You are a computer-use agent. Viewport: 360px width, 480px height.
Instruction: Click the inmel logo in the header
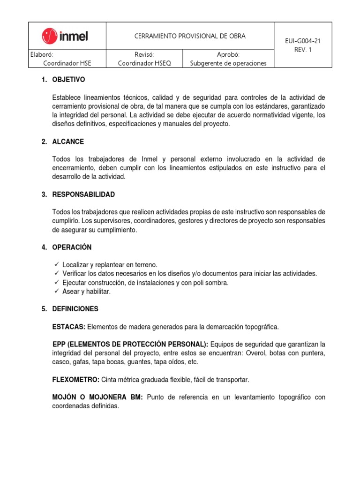click(65, 36)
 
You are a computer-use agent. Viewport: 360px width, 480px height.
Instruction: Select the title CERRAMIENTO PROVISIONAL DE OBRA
click(190, 36)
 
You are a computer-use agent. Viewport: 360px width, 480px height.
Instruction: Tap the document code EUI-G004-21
click(303, 41)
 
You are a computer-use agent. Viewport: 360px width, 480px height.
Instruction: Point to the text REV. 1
click(303, 50)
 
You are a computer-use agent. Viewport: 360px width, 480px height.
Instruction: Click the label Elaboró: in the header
click(42, 54)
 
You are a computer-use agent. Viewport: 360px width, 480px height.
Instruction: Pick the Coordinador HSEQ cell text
click(144, 63)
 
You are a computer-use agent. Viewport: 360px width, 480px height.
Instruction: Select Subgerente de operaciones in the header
click(228, 63)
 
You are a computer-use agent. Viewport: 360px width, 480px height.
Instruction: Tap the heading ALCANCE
click(68, 142)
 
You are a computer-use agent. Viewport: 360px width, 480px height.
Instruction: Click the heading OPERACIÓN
click(72, 247)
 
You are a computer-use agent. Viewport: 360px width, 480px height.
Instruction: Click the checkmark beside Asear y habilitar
click(56, 291)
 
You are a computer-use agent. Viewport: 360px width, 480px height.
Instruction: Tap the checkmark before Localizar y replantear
click(56, 264)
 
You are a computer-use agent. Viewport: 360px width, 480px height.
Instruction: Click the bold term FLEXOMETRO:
click(75, 379)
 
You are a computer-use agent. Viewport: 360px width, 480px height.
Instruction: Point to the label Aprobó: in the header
click(228, 54)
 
